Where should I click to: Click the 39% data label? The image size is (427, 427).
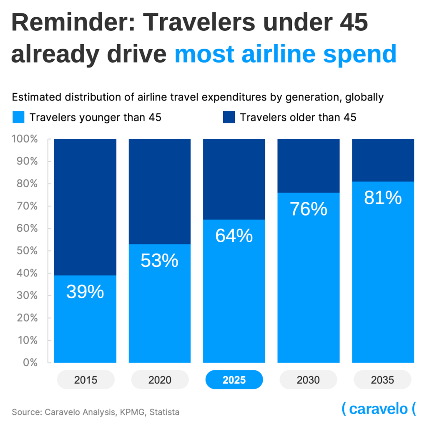[x=85, y=292]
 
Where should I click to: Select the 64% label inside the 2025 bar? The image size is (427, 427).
[x=234, y=236]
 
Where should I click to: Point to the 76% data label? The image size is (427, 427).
[x=309, y=209]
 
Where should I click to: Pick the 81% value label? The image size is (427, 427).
[x=383, y=197]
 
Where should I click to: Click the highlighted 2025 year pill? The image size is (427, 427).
[x=234, y=380]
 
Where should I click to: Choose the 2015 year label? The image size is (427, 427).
[x=85, y=380]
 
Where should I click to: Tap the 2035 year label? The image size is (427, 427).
[x=383, y=380]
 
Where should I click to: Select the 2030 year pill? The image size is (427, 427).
[x=309, y=380]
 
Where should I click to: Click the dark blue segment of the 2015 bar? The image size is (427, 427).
[x=85, y=206]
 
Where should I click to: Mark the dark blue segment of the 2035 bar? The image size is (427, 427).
[x=383, y=160]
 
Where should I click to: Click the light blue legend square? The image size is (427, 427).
[x=19, y=118]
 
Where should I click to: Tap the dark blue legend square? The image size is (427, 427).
[x=229, y=118]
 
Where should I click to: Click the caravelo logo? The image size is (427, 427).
[x=379, y=409]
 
